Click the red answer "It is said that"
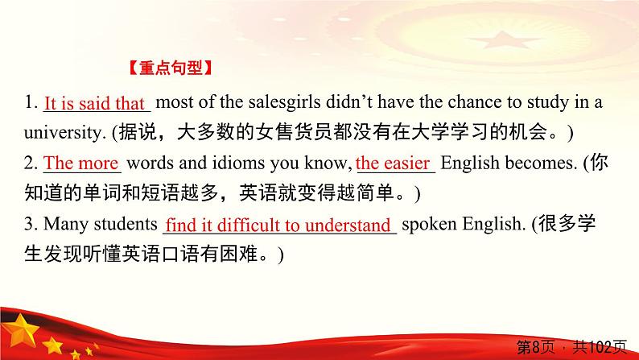[x=93, y=103]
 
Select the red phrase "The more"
[x=81, y=163]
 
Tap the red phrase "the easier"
[x=393, y=163]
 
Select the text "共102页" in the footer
[x=602, y=347]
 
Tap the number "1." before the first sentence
[x=31, y=103]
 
